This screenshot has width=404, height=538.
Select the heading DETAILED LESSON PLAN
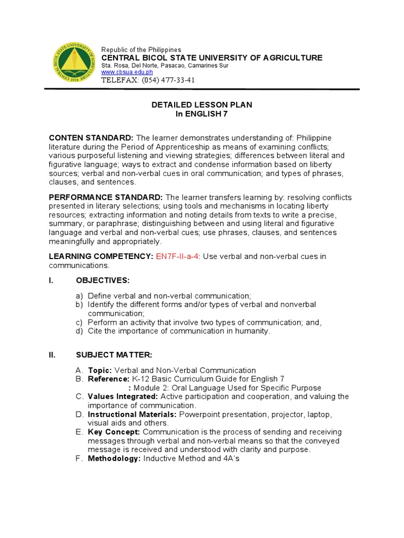click(201, 105)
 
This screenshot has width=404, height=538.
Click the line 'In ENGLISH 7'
click(201, 114)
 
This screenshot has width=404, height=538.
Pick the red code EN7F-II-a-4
click(177, 256)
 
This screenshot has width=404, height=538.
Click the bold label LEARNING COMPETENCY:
click(100, 256)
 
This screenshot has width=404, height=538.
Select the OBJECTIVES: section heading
click(103, 281)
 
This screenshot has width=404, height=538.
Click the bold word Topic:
click(100, 370)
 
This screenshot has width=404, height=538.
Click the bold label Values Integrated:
click(123, 396)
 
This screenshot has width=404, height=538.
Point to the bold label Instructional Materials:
click(133, 415)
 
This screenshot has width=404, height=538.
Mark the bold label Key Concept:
click(114, 432)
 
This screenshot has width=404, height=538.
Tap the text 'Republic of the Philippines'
click(141, 49)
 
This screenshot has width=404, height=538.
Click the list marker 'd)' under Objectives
click(79, 332)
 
